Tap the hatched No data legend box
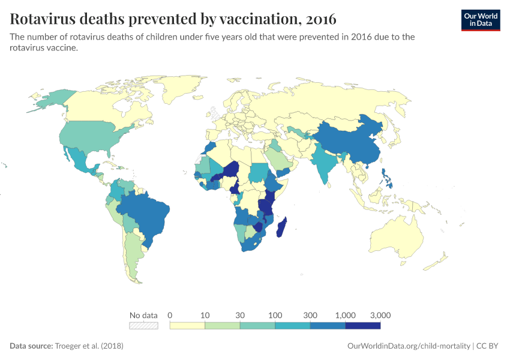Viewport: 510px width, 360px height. click(x=143, y=326)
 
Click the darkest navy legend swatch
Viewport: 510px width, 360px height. click(x=363, y=326)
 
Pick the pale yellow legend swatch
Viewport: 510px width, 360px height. click(x=187, y=326)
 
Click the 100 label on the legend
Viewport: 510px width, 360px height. click(x=275, y=315)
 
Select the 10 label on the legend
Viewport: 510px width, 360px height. click(x=205, y=315)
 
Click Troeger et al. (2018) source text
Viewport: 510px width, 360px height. click(x=89, y=346)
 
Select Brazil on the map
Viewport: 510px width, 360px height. click(x=147, y=213)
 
